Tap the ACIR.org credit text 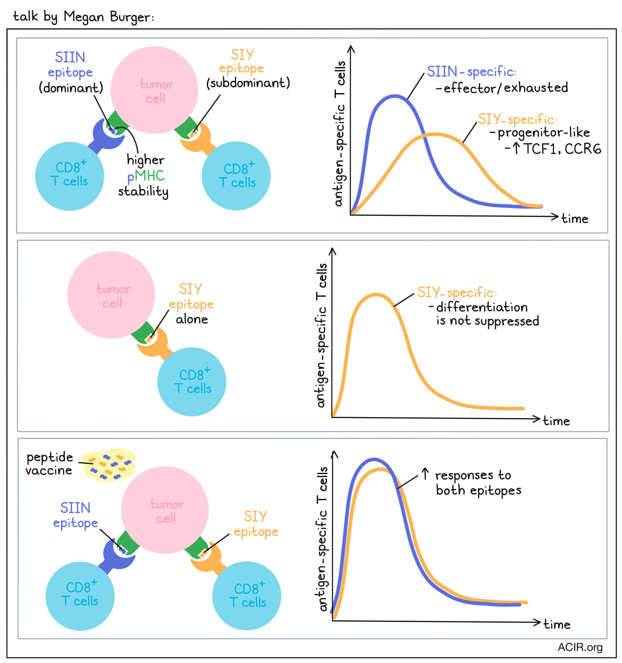pyautogui.click(x=580, y=647)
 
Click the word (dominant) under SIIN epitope pyautogui.click(x=71, y=88)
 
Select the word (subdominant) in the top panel pyautogui.click(x=248, y=83)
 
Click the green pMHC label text pyautogui.click(x=149, y=175)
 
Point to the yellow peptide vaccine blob pyautogui.click(x=109, y=465)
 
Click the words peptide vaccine pyautogui.click(x=49, y=464)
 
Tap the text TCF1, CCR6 pyautogui.click(x=562, y=149)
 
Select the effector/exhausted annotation pyautogui.click(x=502, y=88)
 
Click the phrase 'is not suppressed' pyautogui.click(x=488, y=321)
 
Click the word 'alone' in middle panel pyautogui.click(x=192, y=319)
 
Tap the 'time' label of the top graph pyautogui.click(x=575, y=219)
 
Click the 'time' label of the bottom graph pyautogui.click(x=557, y=624)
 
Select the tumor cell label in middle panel pyautogui.click(x=113, y=296)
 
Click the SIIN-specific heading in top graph pyautogui.click(x=471, y=71)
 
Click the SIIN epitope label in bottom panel pyautogui.click(x=75, y=515)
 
